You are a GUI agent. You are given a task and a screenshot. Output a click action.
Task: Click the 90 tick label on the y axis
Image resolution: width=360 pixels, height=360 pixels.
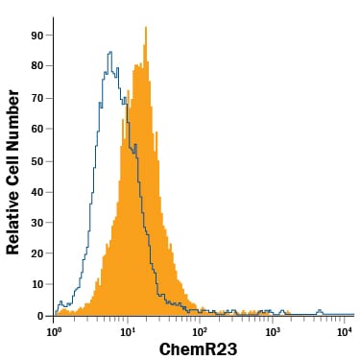36,36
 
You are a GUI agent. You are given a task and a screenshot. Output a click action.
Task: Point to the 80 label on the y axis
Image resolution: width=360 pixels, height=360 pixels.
36,66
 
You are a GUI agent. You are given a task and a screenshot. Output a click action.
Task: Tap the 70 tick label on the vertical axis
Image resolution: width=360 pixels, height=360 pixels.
36,98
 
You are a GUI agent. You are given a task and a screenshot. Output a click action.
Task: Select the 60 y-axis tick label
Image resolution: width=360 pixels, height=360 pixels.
36,129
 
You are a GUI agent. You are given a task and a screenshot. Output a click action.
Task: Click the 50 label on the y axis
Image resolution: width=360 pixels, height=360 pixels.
36,161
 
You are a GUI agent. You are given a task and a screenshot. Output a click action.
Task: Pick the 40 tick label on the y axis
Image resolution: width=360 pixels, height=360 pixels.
36,192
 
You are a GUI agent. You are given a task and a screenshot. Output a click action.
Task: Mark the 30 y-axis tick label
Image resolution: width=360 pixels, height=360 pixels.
36,223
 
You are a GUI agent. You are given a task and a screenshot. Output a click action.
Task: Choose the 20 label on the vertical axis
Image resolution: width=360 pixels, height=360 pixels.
36,253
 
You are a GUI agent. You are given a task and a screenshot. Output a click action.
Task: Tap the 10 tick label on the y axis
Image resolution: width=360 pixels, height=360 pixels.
36,284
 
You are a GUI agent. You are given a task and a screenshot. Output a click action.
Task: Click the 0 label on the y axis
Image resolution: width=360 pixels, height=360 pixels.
40,316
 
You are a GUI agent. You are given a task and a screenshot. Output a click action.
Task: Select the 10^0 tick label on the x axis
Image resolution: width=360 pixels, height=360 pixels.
53,331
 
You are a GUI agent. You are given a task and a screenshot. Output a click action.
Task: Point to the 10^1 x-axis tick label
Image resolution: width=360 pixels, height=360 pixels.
127,331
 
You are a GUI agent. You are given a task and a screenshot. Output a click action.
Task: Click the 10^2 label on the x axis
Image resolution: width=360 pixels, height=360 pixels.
199,331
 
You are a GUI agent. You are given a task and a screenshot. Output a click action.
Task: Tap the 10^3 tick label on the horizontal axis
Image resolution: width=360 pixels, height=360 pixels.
272,331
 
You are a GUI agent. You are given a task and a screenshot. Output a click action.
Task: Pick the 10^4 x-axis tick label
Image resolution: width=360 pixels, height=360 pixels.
344,331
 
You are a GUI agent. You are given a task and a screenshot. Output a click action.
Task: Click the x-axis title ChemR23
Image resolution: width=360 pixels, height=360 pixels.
198,349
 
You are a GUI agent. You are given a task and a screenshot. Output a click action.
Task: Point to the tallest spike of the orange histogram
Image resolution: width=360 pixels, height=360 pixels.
146,28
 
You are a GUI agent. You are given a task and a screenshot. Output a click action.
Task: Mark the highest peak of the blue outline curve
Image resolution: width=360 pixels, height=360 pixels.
110,52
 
